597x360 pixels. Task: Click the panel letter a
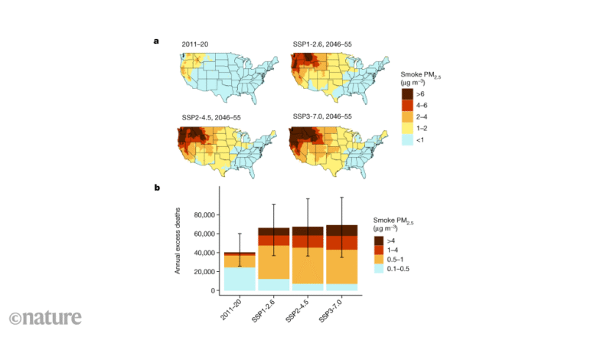pyautogui.click(x=157, y=42)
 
